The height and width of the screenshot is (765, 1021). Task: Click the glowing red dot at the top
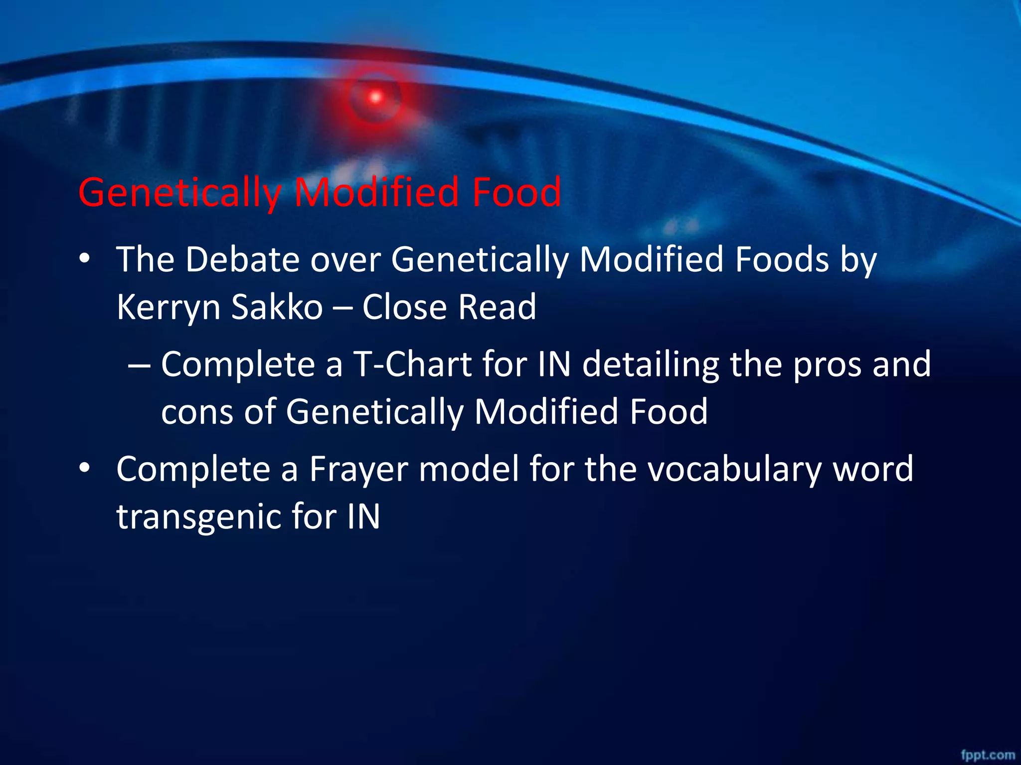375,97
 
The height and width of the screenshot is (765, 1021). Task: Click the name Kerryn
168,307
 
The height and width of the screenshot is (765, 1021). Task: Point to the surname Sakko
277,307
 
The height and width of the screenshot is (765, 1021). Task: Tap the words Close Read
449,307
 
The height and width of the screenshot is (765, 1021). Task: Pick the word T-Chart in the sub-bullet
412,364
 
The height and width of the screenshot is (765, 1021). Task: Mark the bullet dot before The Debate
85,259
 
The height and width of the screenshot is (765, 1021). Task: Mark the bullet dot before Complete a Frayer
85,469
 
